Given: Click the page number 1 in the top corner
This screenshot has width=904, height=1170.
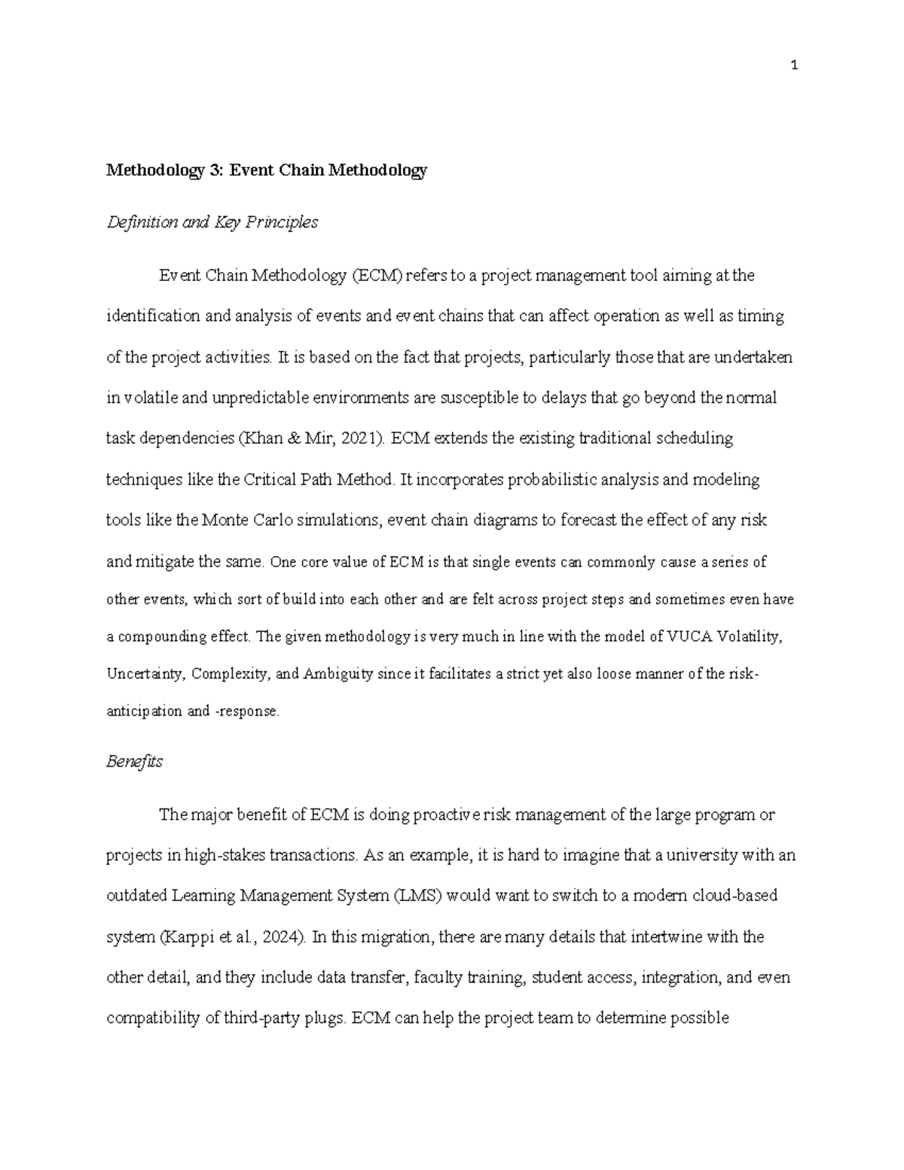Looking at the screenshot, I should coord(794,66).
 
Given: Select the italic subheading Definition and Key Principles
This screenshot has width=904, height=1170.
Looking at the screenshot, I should coord(212,222).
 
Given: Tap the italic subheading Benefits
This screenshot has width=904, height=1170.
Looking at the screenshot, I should coord(134,762).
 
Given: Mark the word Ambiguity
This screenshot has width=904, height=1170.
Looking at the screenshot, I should coord(338,674).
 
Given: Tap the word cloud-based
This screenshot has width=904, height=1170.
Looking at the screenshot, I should coord(735,897).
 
